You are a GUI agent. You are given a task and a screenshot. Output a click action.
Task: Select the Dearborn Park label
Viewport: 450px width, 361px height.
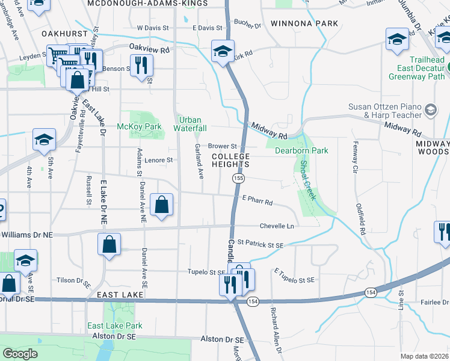click(301, 150)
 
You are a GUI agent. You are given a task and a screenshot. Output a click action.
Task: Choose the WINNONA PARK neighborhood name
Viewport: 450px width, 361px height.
click(304, 23)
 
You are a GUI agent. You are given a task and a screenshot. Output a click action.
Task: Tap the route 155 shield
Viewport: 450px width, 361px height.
click(239, 178)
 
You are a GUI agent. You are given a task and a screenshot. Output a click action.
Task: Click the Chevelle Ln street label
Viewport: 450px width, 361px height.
click(277, 226)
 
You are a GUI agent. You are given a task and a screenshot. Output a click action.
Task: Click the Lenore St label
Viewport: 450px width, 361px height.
click(158, 160)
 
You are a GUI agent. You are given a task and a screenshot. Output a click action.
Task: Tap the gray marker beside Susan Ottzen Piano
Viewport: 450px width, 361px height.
click(431, 110)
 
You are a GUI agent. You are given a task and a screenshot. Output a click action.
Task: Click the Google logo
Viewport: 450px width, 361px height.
click(20, 354)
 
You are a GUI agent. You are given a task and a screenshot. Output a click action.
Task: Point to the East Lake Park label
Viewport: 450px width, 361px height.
click(115, 326)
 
